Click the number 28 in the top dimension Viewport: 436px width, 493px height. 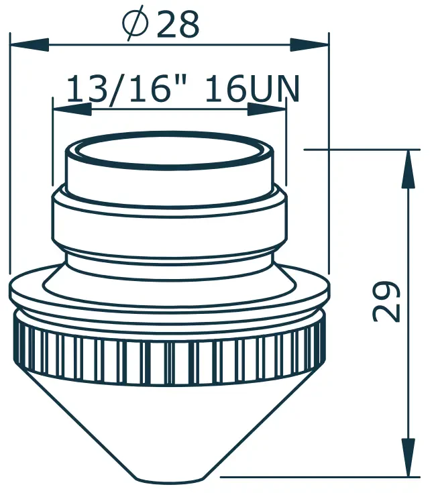[178, 25]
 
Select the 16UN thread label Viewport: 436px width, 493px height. [252, 89]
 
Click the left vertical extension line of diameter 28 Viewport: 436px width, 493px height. [10, 154]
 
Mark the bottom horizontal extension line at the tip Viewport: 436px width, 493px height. [315, 478]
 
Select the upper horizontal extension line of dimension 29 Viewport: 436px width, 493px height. [362, 150]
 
